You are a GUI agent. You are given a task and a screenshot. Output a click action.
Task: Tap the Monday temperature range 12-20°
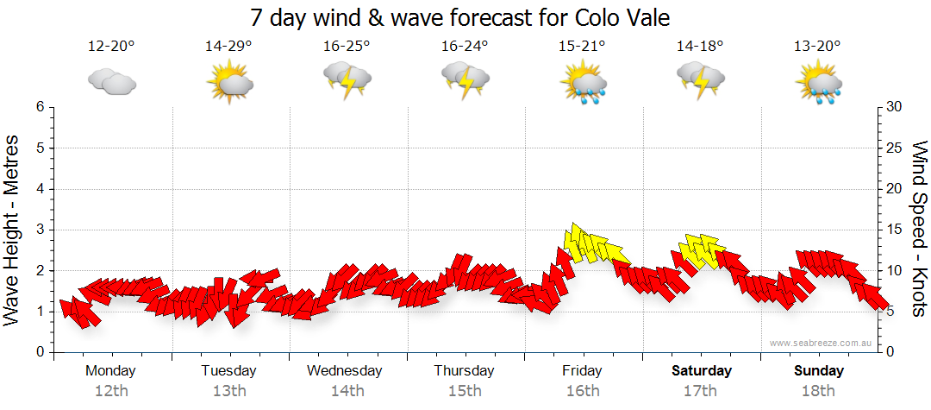point(111,47)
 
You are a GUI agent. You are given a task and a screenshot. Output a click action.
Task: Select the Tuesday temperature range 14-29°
point(228,47)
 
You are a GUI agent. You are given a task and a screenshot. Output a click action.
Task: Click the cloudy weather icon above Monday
point(111,82)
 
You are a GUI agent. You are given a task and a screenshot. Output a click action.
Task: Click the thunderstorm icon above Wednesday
point(347,82)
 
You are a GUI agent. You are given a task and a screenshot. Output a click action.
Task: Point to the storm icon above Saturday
point(700,82)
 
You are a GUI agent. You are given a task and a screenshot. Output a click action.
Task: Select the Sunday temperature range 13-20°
point(818,47)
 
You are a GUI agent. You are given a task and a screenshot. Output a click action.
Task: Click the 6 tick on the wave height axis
point(40,107)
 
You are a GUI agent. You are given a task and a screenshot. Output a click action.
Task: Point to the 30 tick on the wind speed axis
point(895,107)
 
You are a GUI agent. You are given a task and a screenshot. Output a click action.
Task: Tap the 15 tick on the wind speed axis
point(895,230)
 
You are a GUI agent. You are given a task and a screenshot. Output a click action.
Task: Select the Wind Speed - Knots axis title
point(918,229)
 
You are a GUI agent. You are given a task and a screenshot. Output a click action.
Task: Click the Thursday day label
point(464,371)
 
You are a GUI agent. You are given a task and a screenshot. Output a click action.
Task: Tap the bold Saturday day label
point(701,371)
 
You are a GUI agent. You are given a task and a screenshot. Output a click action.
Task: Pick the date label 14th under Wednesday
point(347,391)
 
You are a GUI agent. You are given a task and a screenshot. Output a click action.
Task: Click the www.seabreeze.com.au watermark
point(822,343)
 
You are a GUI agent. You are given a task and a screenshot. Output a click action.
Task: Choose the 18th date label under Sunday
point(818,391)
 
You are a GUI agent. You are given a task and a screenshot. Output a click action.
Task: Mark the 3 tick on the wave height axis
point(40,230)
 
